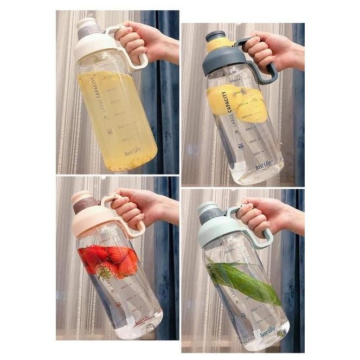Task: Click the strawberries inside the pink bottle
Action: coord(108,261)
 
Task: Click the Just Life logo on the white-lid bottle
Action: coord(132,151)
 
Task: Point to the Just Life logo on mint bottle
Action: coord(267,331)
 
